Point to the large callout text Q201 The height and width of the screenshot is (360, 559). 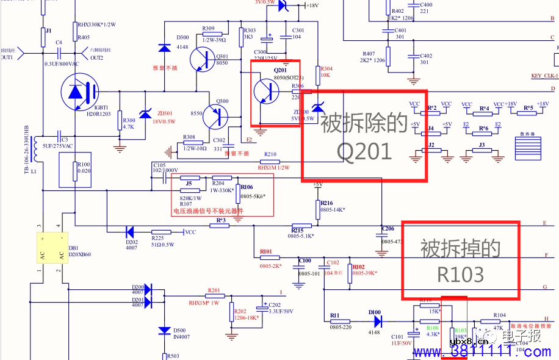click(x=364, y=151)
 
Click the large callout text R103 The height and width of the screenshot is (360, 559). click(x=460, y=274)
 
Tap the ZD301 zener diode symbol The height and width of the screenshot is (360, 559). click(x=145, y=113)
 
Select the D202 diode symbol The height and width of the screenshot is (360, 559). click(x=129, y=231)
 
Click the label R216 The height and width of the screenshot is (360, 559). click(x=327, y=203)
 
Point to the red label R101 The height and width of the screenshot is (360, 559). click(x=265, y=251)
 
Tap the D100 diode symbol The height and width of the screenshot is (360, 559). click(x=377, y=321)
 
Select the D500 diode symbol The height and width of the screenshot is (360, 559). click(x=164, y=330)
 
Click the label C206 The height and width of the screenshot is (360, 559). click(x=388, y=229)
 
